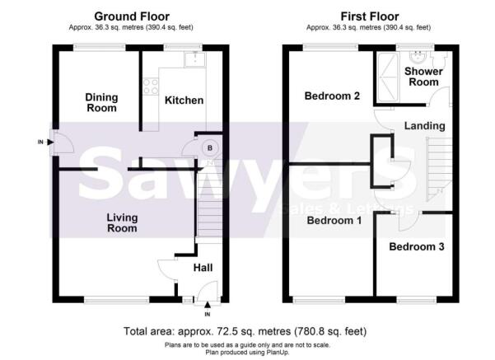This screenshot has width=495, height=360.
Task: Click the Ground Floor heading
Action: click(132, 16)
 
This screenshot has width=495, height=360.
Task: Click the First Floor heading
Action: click(370, 16)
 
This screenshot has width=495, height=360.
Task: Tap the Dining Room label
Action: click(101, 103)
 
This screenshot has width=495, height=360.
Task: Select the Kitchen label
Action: click(184, 101)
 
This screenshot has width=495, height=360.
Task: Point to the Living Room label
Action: click(122, 222)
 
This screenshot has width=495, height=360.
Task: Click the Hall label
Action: click(203, 268)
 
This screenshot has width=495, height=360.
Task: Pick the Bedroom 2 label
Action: click(332, 96)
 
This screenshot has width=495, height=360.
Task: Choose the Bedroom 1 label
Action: click(334, 220)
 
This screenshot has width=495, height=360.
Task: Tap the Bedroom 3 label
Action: click(417, 246)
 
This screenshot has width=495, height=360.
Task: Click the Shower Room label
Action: click(423, 77)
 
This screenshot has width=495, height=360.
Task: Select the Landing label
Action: click(425, 126)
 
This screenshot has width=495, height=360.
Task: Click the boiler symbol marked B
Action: click(210, 147)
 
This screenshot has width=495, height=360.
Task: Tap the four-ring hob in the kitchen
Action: click(151, 86)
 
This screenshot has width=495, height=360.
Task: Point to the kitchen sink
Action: click(195, 59)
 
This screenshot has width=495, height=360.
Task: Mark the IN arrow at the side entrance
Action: click(50, 142)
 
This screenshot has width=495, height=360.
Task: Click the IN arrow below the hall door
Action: click(208, 305)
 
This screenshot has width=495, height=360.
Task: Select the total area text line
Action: click(245, 331)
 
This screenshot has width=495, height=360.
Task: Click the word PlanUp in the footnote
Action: click(278, 352)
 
